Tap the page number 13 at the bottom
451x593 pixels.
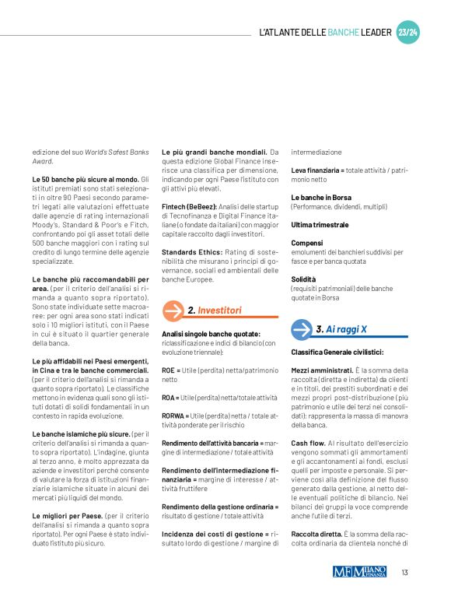coord(405,573)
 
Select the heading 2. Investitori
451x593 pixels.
coord(215,311)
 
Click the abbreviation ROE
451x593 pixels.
coord(168,371)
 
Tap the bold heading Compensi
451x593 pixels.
coord(306,243)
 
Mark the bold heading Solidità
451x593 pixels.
coord(303,279)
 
